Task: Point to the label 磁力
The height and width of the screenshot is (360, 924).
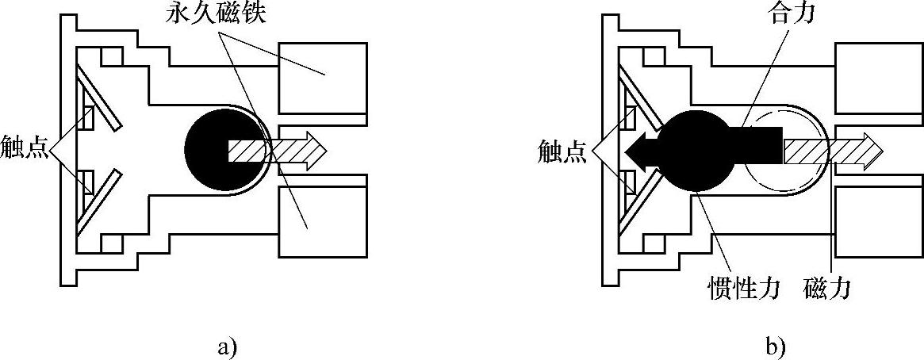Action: (825, 288)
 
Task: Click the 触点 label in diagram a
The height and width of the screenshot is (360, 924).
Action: (25, 151)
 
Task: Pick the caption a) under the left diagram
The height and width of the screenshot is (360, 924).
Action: (226, 346)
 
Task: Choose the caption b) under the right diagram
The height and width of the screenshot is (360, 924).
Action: (775, 346)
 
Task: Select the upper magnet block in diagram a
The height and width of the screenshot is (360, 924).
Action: (323, 77)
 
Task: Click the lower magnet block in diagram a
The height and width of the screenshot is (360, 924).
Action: (323, 222)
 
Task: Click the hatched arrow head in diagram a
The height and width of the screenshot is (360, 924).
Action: (314, 149)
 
